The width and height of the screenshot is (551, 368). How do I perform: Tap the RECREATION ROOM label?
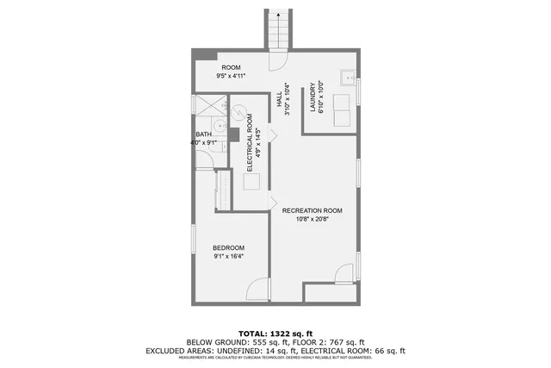313,211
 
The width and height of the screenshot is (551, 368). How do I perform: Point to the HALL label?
281,102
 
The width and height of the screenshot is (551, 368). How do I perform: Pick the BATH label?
203,134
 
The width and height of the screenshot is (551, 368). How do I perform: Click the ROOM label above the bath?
231,67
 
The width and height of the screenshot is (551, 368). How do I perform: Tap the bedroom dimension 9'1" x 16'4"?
229,256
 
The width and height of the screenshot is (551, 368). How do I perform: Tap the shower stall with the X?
208,106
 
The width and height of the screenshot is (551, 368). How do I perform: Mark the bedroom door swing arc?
256,289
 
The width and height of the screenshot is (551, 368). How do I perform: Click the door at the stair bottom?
279,63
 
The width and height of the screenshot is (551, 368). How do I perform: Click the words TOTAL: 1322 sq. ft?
275,333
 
